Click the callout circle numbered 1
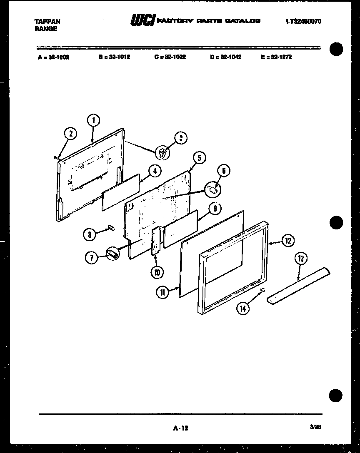[94, 120]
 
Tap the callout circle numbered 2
[71, 134]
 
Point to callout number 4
[154, 170]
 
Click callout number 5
[199, 158]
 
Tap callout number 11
[89, 234]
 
